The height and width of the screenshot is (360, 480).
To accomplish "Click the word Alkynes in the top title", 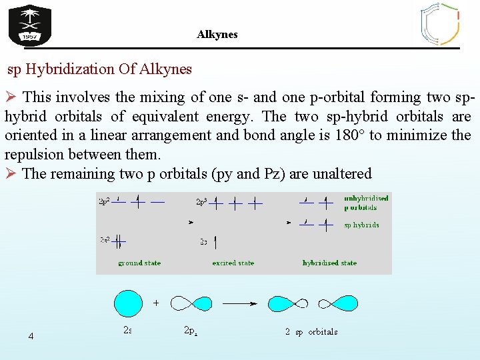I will coord(217,34).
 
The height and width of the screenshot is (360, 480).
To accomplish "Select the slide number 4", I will coord(31,336).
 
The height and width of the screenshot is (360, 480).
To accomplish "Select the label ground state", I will coord(139,263).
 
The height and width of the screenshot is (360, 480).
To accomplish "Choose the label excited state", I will coord(233,263).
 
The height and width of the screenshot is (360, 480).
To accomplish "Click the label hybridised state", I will coord(329,263).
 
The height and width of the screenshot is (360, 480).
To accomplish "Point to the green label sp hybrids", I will coord(361,225).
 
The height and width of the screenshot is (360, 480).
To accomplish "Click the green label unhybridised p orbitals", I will coord(366,203).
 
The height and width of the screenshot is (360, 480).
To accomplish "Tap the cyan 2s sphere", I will coord(128,303).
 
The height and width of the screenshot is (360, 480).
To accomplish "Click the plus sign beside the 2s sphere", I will coord(156,303).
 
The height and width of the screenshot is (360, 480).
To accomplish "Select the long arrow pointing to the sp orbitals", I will coord(239,303).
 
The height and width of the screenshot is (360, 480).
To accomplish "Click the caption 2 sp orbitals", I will coord(311,332).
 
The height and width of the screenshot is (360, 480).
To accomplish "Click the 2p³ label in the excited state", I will coord(201,201).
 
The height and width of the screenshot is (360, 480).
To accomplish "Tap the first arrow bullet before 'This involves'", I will coord(11,97).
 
